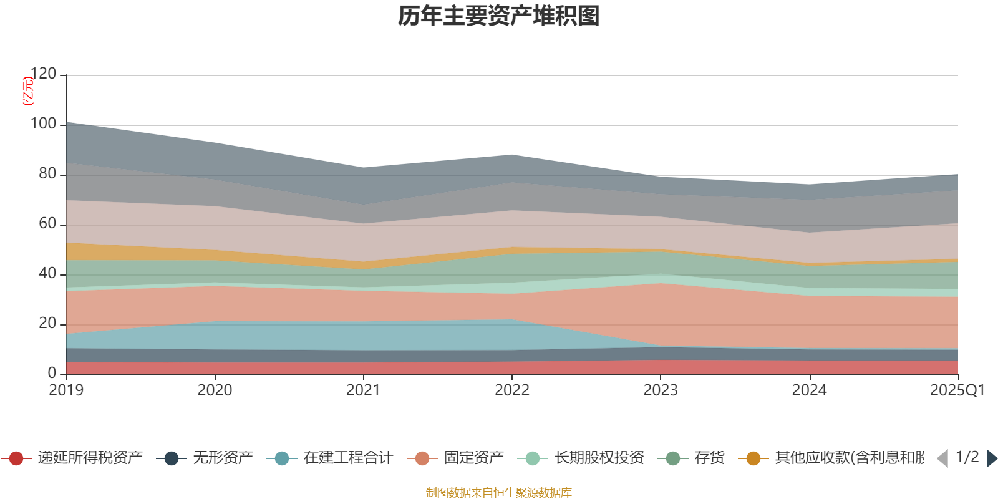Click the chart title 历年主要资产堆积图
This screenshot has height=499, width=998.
coord(499,16)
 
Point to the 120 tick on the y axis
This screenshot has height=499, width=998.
coord(43,74)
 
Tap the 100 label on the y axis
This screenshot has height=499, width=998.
coord(43,124)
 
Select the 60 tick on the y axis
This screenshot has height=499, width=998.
coord(47,224)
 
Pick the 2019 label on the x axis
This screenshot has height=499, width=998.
coord(66,390)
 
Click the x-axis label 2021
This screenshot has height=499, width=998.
coord(363,390)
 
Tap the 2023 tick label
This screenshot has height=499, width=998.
coord(661,390)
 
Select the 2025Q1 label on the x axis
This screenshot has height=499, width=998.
coord(957,390)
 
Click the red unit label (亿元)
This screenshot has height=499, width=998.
coord(27,91)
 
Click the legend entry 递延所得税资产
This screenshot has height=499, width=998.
coord(90,458)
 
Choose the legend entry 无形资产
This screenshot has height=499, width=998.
coord(223,458)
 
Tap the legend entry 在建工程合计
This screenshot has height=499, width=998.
coord(348,458)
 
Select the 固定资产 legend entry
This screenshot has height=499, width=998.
coord(473,458)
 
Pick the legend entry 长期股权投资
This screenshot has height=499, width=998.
coord(599,458)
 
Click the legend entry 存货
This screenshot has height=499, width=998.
coord(709,458)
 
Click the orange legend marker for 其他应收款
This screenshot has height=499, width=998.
coord(753,458)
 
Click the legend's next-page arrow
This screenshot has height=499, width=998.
coord(992,458)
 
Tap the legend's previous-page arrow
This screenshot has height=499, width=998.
coord(942,458)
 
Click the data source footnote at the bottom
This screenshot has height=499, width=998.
coord(499,493)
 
